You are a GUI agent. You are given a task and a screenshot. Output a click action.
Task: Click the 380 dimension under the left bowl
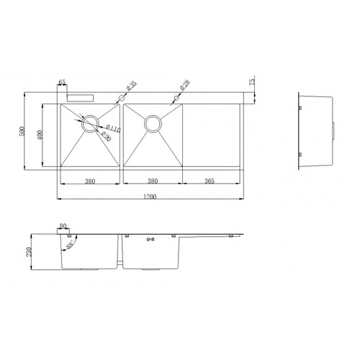(89, 181)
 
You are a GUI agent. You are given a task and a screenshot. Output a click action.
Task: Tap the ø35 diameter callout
(132, 88)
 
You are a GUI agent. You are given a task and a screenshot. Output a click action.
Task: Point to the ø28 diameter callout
(184, 86)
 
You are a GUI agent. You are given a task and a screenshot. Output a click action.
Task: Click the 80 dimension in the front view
(63, 227)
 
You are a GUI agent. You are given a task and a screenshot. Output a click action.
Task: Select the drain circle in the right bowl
(153, 123)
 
